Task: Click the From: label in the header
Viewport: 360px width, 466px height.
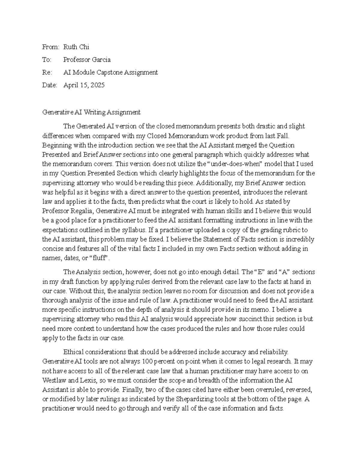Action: click(x=51, y=47)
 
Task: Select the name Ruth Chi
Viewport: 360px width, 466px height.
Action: click(x=76, y=47)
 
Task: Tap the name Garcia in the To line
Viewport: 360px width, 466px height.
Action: click(x=100, y=60)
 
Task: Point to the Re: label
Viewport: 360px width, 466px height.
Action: click(x=47, y=72)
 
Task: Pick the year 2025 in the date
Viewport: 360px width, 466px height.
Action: click(x=97, y=85)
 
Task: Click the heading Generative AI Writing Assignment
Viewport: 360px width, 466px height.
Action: click(x=91, y=113)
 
